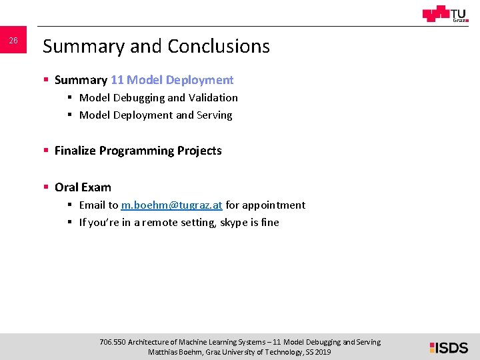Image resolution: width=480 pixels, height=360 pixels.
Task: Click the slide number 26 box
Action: point(13,41)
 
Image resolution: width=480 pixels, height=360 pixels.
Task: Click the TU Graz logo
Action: point(445,14)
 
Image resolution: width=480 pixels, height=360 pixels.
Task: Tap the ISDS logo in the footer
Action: point(449,347)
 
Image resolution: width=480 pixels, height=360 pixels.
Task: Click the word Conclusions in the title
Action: point(219,46)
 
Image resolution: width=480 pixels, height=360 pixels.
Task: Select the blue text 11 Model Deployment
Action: point(172,80)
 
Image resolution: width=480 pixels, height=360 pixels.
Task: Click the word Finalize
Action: point(75,151)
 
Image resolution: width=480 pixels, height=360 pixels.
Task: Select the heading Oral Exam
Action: point(83,187)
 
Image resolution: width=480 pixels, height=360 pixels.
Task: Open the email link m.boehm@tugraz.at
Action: point(171,205)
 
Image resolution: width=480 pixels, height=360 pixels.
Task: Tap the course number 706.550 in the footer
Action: point(112,342)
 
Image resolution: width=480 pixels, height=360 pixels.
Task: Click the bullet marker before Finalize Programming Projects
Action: point(46,151)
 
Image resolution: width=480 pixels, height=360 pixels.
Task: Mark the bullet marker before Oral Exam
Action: point(46,187)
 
